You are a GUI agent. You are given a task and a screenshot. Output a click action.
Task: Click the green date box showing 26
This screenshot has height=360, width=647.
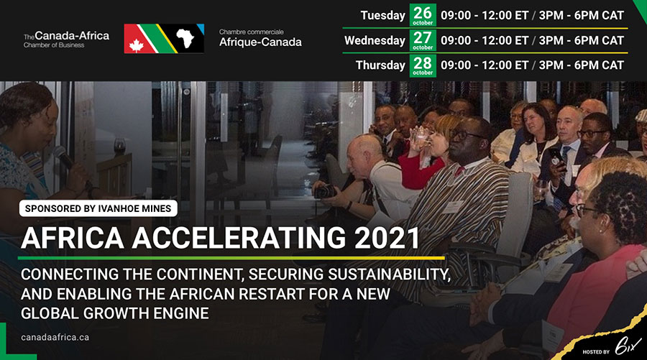[x=423, y=15]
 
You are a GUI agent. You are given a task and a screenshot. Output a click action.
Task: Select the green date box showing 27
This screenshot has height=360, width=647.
[x=423, y=40]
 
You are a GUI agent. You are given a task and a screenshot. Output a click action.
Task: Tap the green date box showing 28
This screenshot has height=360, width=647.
[x=423, y=65]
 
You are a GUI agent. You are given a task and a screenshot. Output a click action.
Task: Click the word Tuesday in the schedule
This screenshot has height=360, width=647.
[x=382, y=16]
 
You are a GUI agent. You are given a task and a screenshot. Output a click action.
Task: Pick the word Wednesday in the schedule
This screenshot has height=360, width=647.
[x=375, y=41]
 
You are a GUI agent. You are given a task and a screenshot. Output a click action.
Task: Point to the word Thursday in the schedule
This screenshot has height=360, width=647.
[x=380, y=65]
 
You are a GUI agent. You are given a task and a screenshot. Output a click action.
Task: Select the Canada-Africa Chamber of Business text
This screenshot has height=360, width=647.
[x=66, y=40]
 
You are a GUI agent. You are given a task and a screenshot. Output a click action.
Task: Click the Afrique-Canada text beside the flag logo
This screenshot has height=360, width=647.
[x=260, y=42]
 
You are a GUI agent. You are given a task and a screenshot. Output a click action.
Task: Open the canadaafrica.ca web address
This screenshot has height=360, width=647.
[x=55, y=337]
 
